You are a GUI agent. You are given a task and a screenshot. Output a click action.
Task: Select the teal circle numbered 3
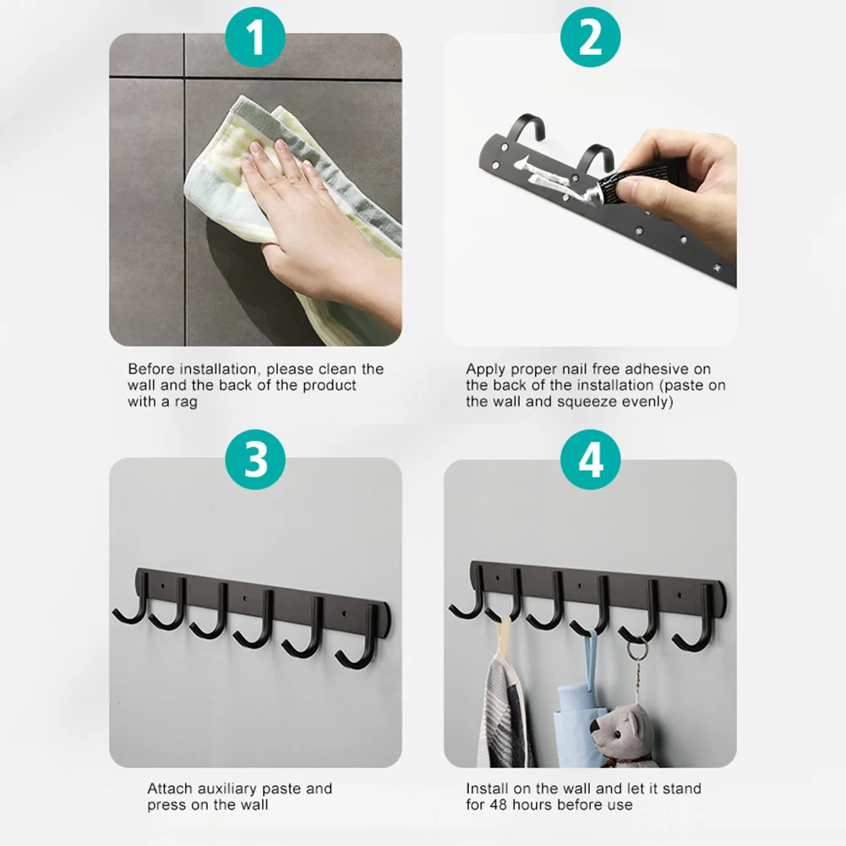tap(255, 459)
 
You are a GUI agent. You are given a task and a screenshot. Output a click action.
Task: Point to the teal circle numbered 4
tap(590, 459)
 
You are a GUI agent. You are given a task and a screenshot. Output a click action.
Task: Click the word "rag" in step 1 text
tap(185, 402)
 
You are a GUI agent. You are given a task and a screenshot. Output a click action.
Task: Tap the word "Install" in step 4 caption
tap(487, 789)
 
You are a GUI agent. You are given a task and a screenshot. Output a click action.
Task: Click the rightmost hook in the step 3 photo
tap(359, 639)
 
